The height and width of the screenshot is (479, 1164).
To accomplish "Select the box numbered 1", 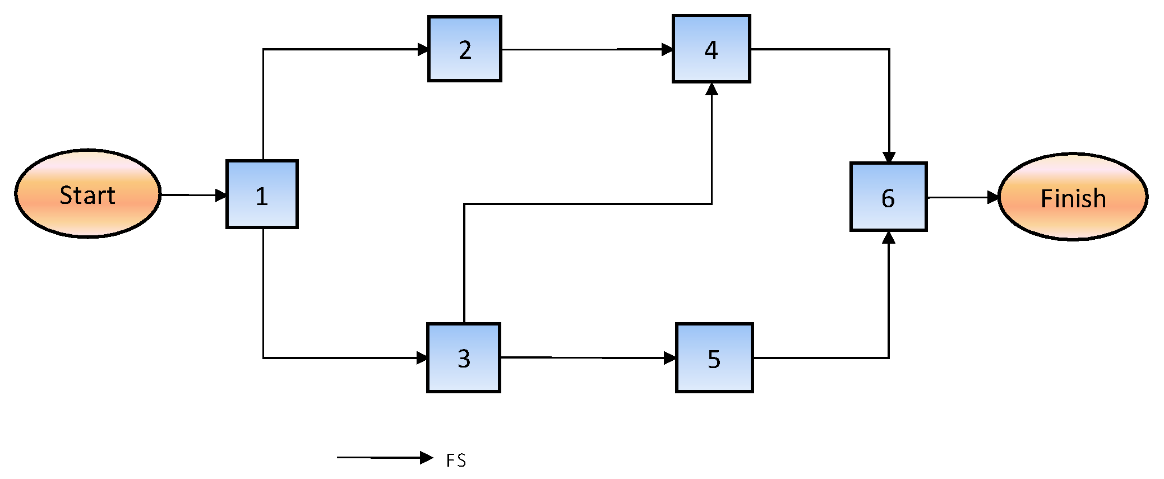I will pos(262,194).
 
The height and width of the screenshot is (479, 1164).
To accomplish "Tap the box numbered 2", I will pos(464,49).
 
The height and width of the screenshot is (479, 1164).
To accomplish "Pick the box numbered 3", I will pos(463,358).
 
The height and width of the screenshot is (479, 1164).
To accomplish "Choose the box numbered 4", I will pos(711,49).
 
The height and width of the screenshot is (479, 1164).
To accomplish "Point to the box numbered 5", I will pos(714,358).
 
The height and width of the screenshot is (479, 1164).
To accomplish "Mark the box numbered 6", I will pos(888,197).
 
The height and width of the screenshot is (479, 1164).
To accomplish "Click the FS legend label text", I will pos(456,461).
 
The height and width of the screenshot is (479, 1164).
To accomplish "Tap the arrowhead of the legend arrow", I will pos(427,458).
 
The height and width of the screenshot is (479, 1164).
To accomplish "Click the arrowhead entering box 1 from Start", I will pos(221,196).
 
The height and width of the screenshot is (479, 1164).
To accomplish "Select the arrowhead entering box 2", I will pos(423,49).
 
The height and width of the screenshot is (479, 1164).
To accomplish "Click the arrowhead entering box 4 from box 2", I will pos(667,49).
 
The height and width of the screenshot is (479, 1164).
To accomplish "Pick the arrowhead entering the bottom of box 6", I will pos(888,238).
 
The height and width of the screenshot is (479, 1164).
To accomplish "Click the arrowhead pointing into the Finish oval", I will pos(993,197).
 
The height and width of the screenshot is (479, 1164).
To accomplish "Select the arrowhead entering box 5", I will pos(670,358).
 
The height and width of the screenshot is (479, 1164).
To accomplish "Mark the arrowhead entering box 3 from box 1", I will pos(422,358).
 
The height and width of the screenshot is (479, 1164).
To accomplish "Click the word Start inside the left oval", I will pos(87,196).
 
